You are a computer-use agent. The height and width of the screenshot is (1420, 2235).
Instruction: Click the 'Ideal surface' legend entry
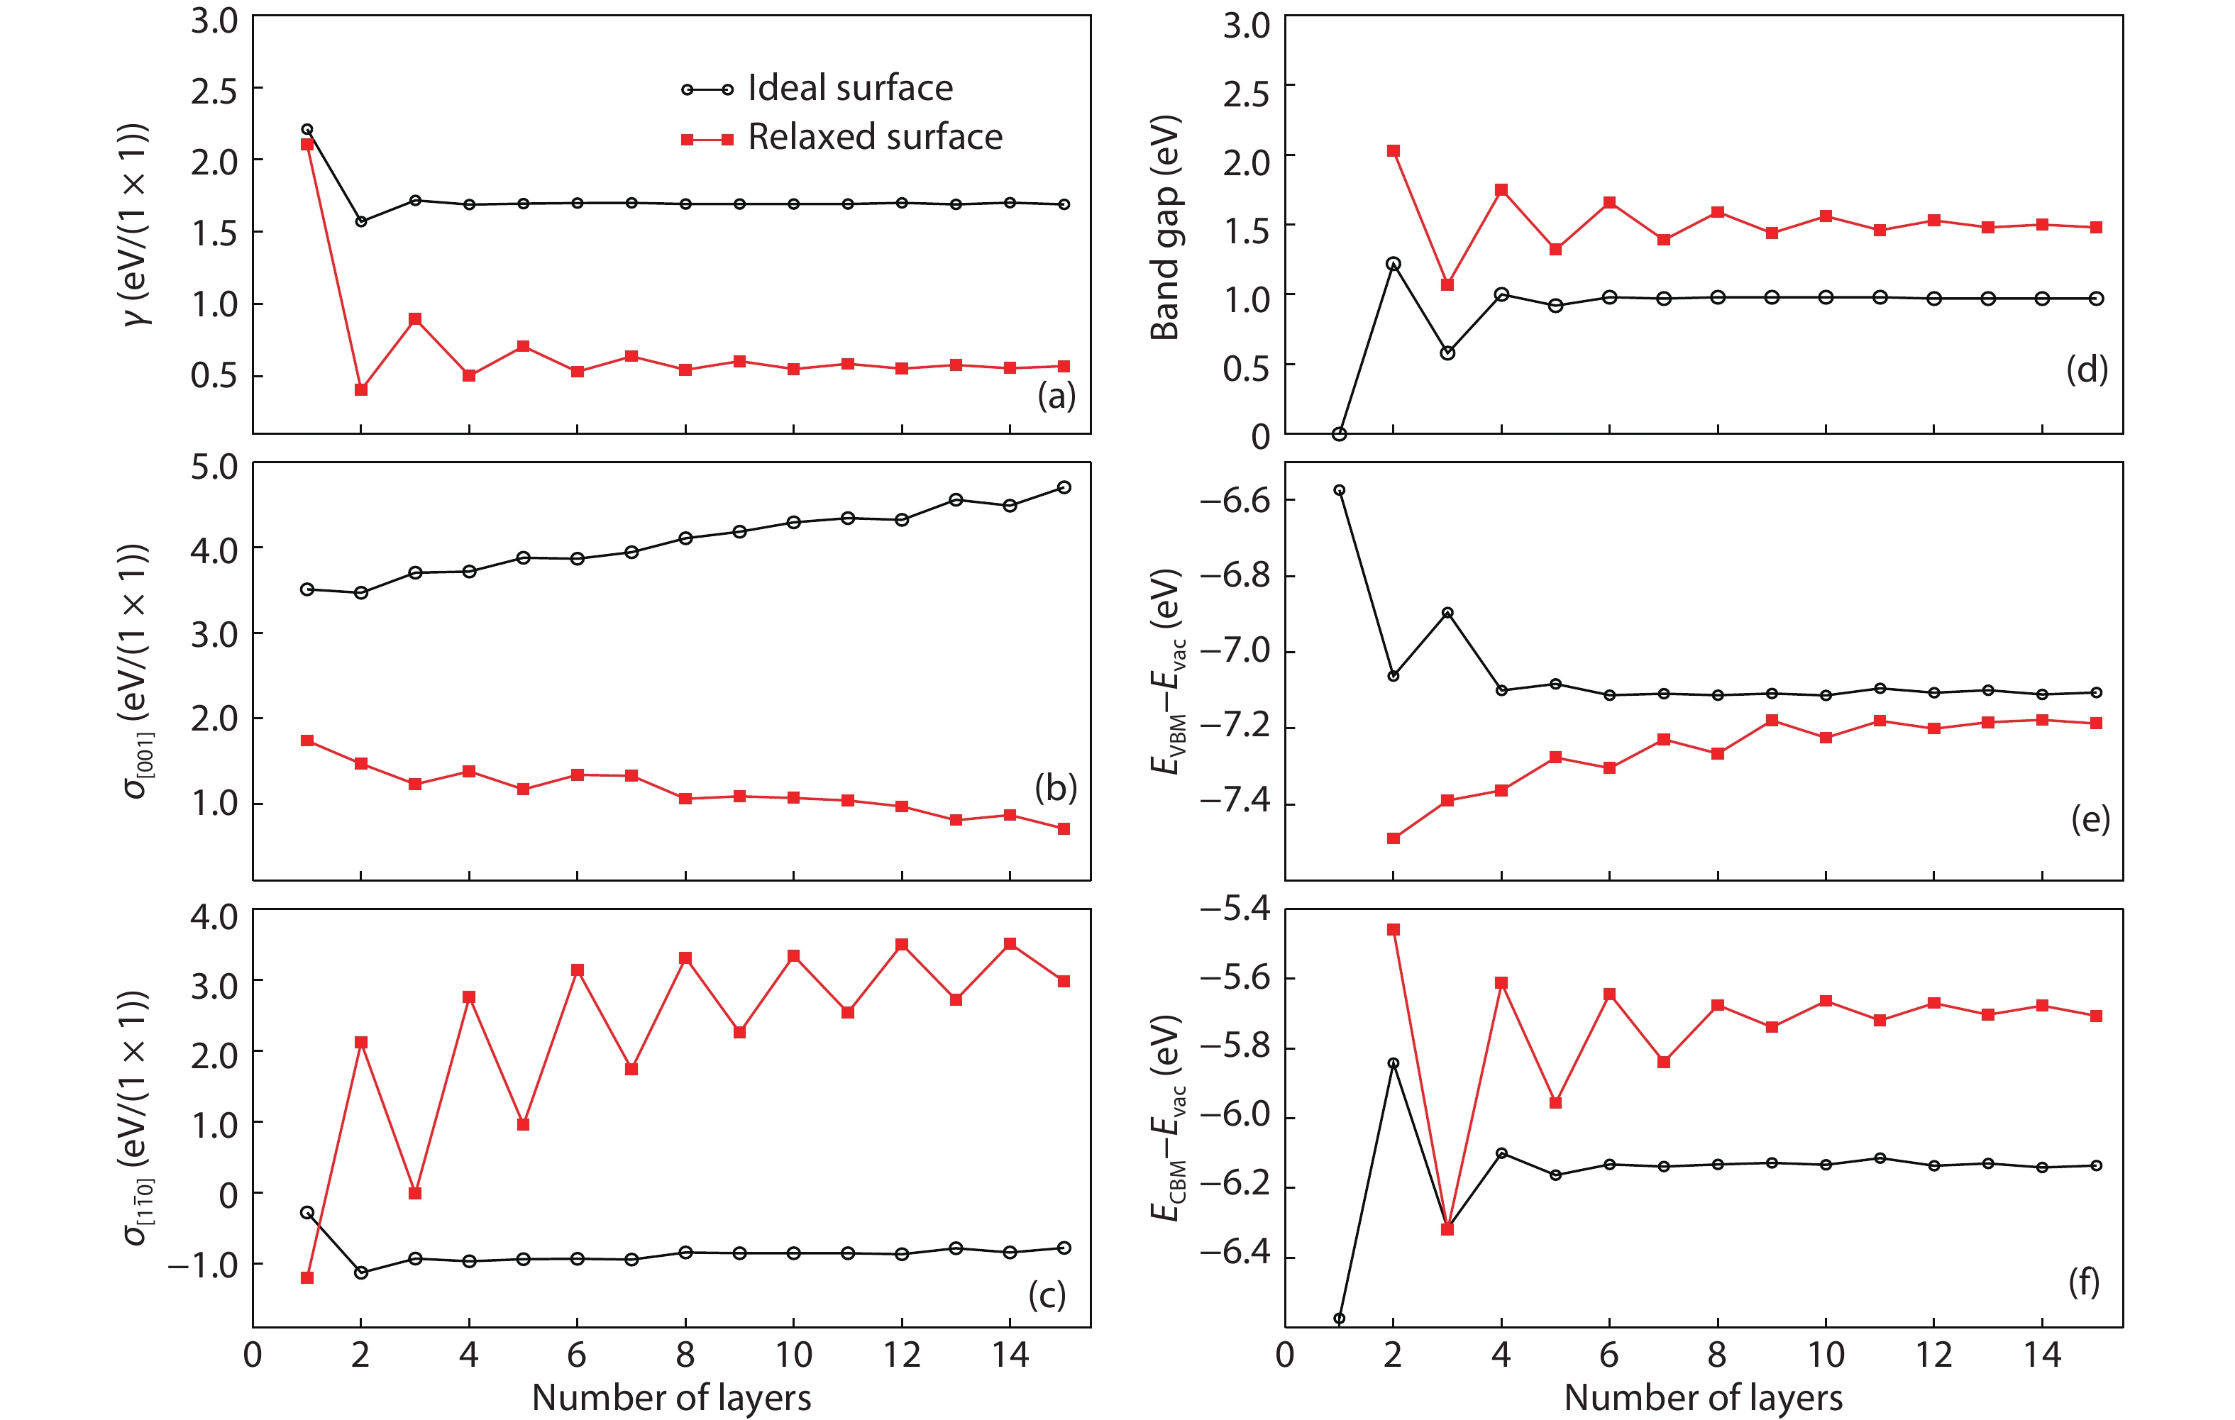[849, 88]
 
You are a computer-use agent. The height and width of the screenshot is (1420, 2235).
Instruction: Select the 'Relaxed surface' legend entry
[874, 138]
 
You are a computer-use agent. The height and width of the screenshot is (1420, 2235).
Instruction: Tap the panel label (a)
[1056, 396]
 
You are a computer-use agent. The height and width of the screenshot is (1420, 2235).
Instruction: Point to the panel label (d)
[2087, 370]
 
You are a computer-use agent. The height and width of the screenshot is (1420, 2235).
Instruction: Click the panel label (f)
[2084, 1282]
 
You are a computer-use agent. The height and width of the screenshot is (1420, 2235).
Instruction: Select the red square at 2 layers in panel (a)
[361, 390]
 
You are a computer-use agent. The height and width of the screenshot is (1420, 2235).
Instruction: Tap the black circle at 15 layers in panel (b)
[1064, 487]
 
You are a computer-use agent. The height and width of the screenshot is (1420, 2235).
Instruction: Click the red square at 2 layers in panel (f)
[1394, 929]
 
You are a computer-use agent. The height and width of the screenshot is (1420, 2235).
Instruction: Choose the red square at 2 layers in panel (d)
[1394, 151]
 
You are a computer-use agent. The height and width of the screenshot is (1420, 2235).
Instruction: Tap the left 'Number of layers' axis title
[671, 1397]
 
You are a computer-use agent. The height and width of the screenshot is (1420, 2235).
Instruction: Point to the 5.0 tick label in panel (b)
[214, 467]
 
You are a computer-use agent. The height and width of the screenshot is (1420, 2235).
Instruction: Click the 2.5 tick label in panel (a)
[214, 91]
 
